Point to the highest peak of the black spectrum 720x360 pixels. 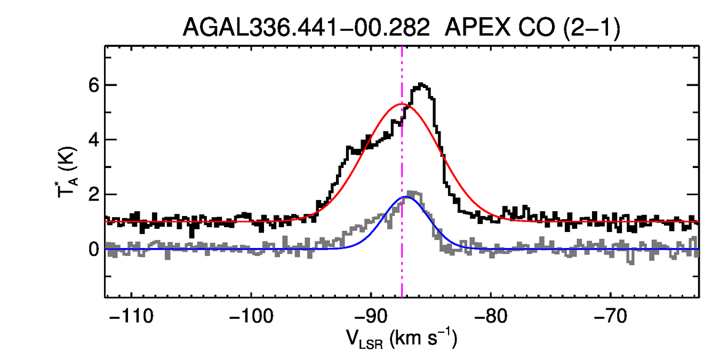coord(421,84)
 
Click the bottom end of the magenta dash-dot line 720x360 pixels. coord(402,296)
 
